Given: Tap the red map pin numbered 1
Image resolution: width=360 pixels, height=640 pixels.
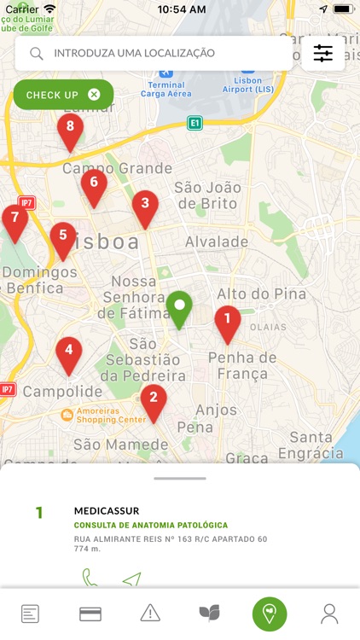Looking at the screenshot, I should point(227,321).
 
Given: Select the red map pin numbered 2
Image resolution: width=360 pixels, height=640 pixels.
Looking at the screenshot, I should point(154,399).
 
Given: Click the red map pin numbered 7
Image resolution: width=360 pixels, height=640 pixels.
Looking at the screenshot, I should point(15,219).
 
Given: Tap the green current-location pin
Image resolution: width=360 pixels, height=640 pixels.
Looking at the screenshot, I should point(179,306).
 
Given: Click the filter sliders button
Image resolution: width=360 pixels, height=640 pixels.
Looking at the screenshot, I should point(323,53).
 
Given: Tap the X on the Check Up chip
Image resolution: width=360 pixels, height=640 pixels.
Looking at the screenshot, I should point(94,95).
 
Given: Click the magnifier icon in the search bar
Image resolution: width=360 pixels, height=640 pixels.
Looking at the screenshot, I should point(37,54).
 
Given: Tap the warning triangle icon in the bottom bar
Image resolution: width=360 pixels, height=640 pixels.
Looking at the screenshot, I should point(150,613).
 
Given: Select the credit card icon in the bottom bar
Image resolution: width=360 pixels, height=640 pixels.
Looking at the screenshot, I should point(90,614).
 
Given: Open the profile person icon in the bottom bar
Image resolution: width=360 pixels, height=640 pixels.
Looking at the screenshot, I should point(329,613).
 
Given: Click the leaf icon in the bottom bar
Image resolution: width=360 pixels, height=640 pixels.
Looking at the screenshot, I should point(209,613).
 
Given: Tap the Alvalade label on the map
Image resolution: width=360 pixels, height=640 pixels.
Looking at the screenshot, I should point(217,241).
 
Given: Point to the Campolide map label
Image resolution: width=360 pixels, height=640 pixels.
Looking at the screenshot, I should point(50,392).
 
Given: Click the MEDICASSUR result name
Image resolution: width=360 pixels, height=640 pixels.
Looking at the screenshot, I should point(107,511).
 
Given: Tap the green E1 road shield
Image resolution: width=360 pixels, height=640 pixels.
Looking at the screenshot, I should point(195,124).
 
